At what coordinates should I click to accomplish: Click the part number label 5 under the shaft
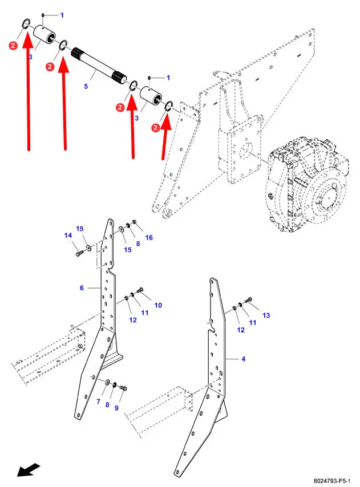86,86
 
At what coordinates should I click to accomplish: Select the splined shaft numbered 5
99,66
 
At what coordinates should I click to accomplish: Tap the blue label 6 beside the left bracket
82,288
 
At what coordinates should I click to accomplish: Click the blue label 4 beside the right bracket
243,359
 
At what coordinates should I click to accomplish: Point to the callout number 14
68,236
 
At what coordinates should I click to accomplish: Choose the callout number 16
149,238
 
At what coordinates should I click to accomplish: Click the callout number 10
158,305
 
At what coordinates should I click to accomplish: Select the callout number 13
266,315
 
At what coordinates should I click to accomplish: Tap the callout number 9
116,408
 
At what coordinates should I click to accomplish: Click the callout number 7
98,401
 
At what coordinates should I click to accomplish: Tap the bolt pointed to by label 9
123,388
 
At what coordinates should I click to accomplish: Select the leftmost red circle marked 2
13,46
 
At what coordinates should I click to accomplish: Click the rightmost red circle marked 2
156,127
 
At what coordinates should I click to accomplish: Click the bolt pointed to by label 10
140,290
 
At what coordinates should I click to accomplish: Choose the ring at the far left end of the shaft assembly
26,23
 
